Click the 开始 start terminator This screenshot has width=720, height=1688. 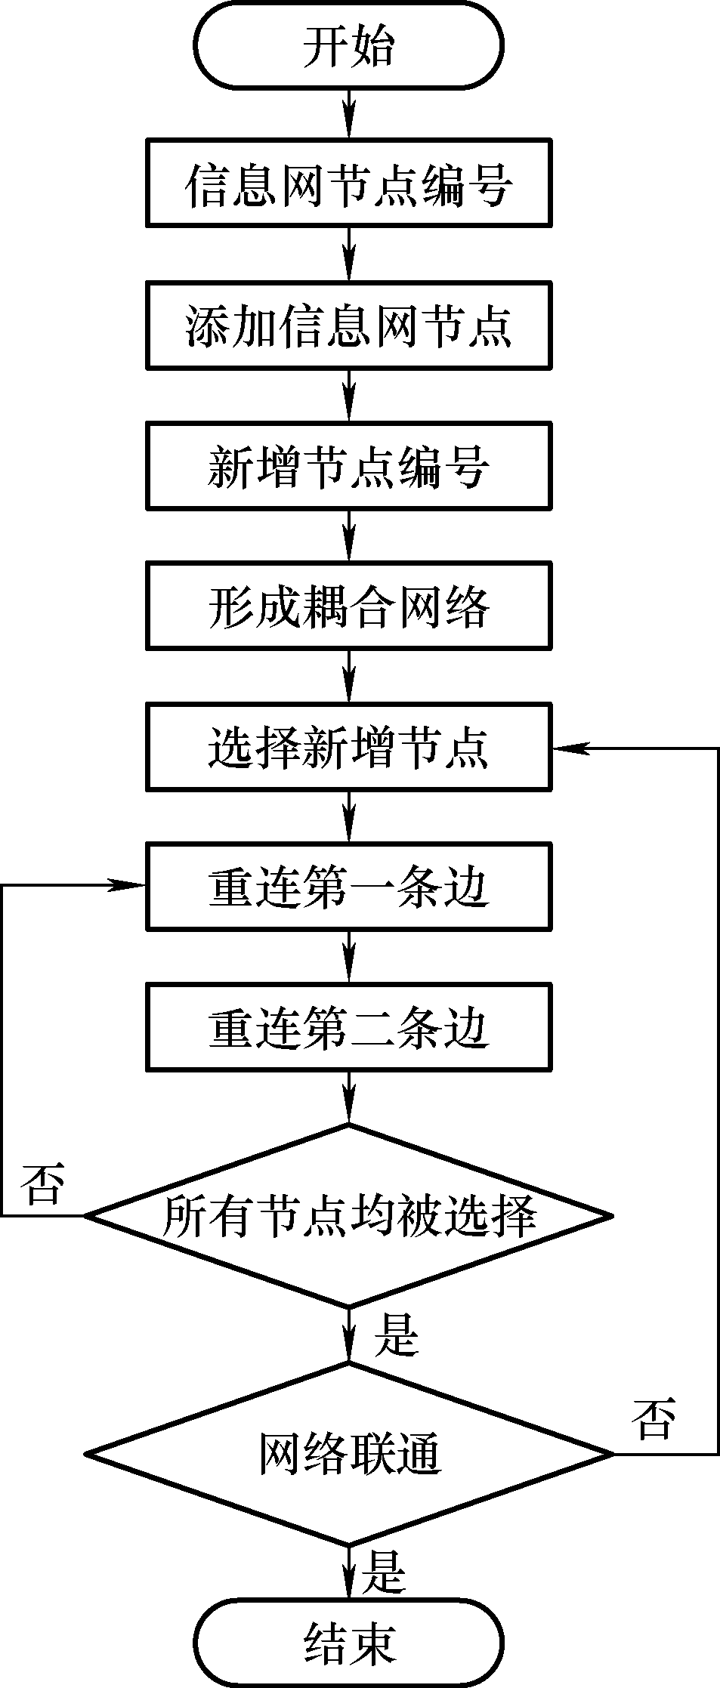(x=348, y=47)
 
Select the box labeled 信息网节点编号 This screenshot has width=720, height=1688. (x=348, y=183)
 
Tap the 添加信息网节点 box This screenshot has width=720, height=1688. (x=348, y=325)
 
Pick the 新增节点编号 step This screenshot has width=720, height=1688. (x=348, y=465)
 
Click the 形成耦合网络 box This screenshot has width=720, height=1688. (x=348, y=605)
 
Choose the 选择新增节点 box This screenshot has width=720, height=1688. (x=348, y=747)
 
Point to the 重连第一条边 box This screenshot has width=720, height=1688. (x=348, y=886)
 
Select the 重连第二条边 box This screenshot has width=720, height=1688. (x=348, y=1026)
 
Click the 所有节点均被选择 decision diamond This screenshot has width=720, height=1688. (x=348, y=1215)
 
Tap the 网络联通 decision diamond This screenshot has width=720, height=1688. (x=348, y=1454)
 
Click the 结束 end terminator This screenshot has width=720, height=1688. (x=348, y=1643)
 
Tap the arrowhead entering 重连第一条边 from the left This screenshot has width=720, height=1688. (x=128, y=885)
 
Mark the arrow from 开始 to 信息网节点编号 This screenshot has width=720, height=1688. (x=348, y=113)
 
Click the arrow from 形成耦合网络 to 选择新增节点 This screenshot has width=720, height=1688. (x=348, y=676)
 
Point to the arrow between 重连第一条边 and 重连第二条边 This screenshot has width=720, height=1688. (x=348, y=956)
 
